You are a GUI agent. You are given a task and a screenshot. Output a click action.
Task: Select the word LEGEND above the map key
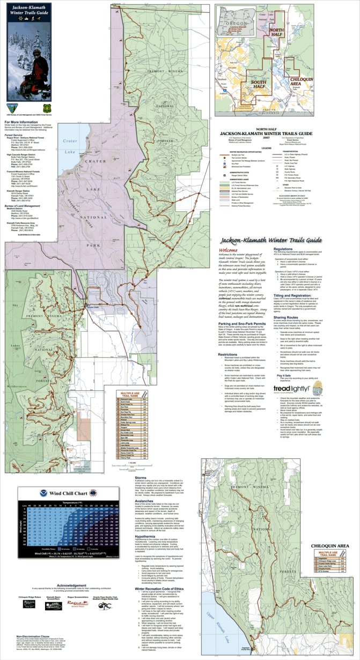pos(281,148)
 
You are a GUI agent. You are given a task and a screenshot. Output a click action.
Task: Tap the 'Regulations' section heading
pos(283,249)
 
